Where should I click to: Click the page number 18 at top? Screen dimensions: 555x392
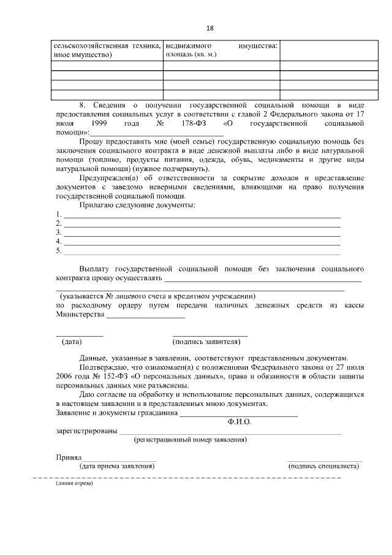210,28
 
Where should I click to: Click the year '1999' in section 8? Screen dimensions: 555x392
101,123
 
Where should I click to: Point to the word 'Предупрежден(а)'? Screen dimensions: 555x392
108,178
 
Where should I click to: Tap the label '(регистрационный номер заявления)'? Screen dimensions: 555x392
190,440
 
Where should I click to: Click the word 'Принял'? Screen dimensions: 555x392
69,457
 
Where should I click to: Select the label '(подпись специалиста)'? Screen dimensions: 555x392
323,466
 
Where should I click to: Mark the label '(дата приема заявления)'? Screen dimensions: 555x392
116,466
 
